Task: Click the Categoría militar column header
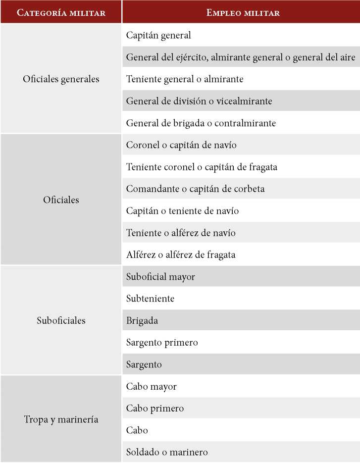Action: (61, 12)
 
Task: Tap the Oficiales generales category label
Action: (61, 79)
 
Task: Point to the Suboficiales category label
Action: (61, 320)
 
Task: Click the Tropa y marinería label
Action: (61, 419)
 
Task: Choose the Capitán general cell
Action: (158, 36)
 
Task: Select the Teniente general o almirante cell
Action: (185, 79)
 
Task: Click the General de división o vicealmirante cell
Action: (199, 101)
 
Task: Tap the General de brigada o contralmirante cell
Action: (201, 123)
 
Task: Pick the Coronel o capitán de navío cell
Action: (181, 145)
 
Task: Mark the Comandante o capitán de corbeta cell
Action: (195, 189)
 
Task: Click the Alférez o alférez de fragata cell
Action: (181, 255)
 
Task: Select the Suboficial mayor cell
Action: (160, 277)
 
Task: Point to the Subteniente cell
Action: (150, 299)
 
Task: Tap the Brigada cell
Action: (142, 320)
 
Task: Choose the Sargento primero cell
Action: (162, 342)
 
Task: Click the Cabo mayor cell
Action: (151, 386)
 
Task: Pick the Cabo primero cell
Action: (154, 409)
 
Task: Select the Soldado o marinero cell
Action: (167, 452)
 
